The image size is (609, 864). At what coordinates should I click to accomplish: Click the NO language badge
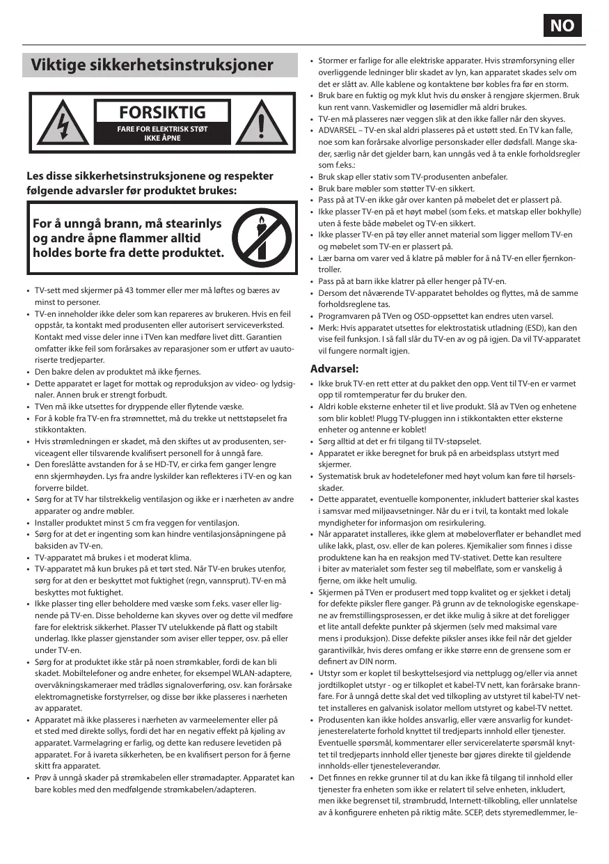562,26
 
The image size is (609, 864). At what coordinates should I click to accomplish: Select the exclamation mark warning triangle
262,127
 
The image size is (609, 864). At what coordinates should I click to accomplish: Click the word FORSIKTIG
162,112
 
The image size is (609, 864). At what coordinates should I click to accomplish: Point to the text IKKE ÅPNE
162,139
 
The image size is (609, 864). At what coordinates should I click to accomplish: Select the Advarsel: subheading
334,368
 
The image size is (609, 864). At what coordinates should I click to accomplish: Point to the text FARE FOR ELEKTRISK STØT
162,129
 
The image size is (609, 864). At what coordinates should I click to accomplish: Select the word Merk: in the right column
329,327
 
